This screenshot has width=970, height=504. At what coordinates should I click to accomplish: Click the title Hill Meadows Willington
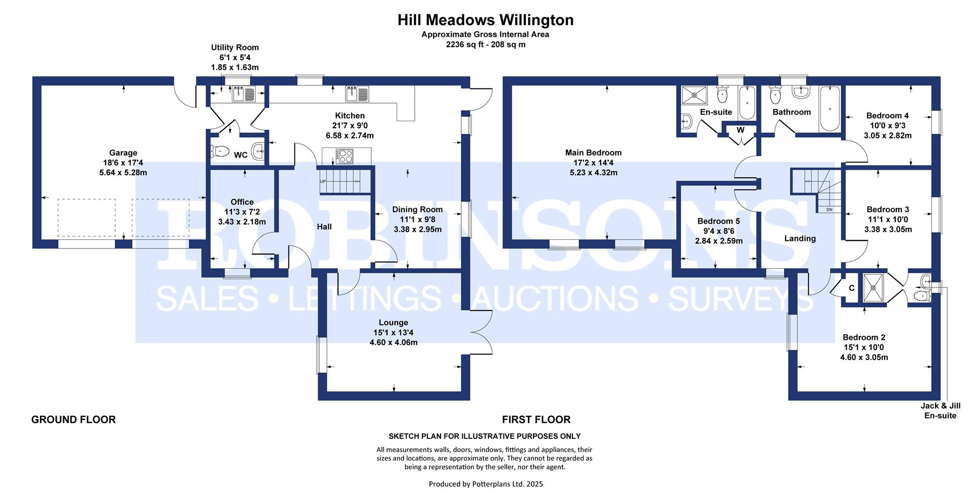click(x=486, y=20)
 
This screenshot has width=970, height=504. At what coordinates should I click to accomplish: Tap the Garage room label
click(x=123, y=153)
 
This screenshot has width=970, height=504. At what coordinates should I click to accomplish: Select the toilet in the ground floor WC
click(x=220, y=150)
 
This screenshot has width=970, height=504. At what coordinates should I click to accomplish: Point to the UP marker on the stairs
click(x=323, y=181)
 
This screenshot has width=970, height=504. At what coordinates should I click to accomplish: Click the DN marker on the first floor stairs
click(x=830, y=210)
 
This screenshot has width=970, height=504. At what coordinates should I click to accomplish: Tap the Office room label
click(x=242, y=202)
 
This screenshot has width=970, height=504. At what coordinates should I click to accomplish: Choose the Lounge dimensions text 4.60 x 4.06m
click(x=394, y=342)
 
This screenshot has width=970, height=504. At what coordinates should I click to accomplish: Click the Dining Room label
click(x=417, y=210)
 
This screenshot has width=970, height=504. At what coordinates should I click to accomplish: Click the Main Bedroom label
click(x=593, y=153)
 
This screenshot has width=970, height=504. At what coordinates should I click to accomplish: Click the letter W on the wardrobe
click(x=741, y=130)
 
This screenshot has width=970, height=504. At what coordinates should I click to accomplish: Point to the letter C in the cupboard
click(x=851, y=288)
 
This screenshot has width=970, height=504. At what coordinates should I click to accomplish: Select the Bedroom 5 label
click(x=718, y=221)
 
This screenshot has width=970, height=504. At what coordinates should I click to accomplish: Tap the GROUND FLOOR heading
click(x=73, y=420)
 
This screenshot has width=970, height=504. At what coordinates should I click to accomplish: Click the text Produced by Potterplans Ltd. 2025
click(x=486, y=484)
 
